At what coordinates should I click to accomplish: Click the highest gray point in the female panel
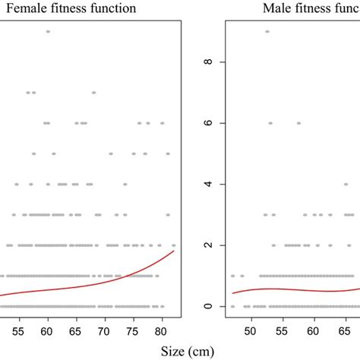tap(48, 31)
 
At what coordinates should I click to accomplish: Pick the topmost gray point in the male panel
tap(267, 31)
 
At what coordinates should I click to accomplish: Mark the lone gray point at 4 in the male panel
tap(346, 184)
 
